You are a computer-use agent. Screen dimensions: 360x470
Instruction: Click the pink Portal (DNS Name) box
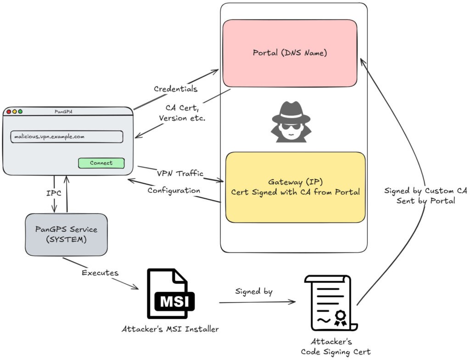tap(290, 53)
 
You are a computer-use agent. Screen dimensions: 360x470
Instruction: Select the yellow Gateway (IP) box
tap(295, 187)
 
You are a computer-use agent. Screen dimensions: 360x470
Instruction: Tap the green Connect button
tap(101, 163)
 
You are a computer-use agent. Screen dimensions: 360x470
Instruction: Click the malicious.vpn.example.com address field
tap(67, 136)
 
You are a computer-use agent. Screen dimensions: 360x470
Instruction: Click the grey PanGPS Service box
tap(66, 234)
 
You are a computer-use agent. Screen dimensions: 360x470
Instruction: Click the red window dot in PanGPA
tap(9, 112)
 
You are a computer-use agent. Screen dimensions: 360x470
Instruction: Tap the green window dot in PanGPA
tap(20, 112)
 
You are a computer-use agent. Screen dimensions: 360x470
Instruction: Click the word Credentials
tap(175, 89)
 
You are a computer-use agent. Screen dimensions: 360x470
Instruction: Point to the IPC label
tap(54, 193)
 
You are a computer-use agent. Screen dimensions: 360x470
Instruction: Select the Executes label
tap(100, 273)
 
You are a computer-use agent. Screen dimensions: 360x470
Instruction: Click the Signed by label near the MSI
tap(254, 291)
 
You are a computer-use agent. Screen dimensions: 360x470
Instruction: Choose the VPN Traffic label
tap(180, 174)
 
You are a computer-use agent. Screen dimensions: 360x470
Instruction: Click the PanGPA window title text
tap(67, 112)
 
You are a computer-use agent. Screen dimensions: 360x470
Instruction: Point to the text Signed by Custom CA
tap(425, 191)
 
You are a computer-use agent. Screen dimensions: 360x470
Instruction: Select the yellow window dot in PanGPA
tap(14, 112)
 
